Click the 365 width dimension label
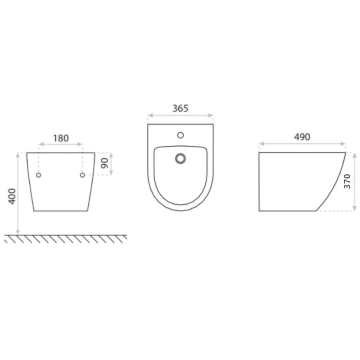pyautogui.click(x=180, y=108)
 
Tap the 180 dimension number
pyautogui.click(x=61, y=138)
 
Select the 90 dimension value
pyautogui.click(x=105, y=163)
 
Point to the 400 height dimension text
pyautogui.click(x=12, y=196)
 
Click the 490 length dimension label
pyautogui.click(x=302, y=137)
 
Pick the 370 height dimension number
pyautogui.click(x=347, y=181)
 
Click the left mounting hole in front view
pyautogui.click(x=39, y=175)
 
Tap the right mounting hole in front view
pyautogui.click(x=82, y=175)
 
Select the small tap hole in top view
pyautogui.click(x=180, y=135)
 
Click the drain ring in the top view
pyautogui.click(x=180, y=159)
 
